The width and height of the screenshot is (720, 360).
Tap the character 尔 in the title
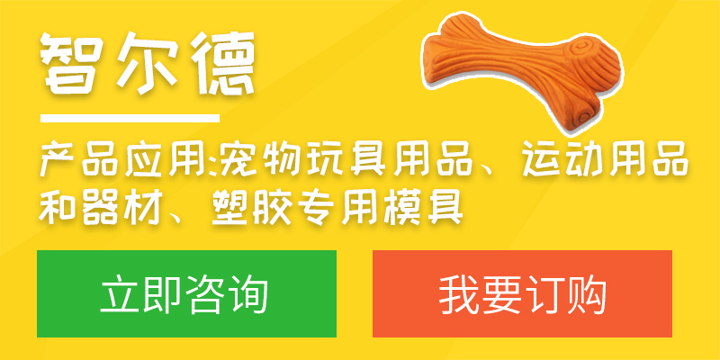point(147,62)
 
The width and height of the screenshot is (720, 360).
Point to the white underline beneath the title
point(130,119)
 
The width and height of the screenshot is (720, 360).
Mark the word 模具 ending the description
point(423,209)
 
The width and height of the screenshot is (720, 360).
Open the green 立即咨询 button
point(186,293)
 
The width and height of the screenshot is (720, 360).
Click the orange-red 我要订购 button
point(522,293)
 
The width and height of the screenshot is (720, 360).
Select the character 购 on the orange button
point(587,294)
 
